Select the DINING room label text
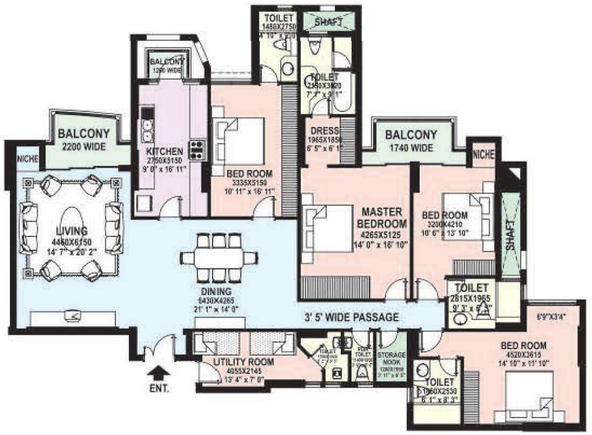pyautogui.click(x=216, y=291)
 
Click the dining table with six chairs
pyautogui.click(x=216, y=257)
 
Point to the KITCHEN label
pyautogui.click(x=164, y=151)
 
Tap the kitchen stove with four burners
pyautogui.click(x=197, y=150)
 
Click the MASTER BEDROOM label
pyautogui.click(x=382, y=217)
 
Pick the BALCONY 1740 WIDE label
pyautogui.click(x=411, y=135)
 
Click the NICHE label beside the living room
pyautogui.click(x=28, y=159)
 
